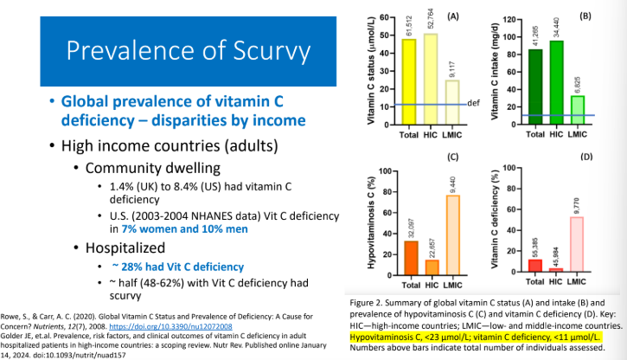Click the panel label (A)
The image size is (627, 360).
475,15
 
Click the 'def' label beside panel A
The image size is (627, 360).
473,104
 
